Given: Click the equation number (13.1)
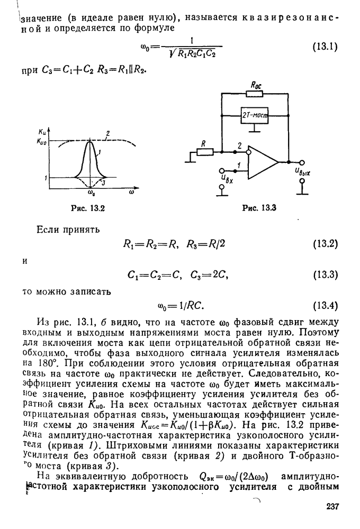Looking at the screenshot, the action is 325,47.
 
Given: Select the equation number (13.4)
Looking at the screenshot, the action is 326,306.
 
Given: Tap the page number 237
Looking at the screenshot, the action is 332,507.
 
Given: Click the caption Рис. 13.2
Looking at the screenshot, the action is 88,208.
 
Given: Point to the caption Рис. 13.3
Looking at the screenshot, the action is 259,208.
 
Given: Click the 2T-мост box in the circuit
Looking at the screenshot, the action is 254,116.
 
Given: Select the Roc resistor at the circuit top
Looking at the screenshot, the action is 255,94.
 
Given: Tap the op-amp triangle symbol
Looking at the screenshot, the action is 263,162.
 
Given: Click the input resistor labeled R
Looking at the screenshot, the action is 205,152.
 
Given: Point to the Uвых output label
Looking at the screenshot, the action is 302,173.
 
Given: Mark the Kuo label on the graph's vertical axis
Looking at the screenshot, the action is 41,142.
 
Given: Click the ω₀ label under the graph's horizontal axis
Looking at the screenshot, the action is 91,193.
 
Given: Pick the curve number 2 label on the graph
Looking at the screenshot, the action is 107,133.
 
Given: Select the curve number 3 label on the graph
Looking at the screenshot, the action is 104,183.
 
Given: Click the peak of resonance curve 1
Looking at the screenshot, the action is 90,141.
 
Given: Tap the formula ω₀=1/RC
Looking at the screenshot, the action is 181,306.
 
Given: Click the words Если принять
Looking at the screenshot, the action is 68,230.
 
